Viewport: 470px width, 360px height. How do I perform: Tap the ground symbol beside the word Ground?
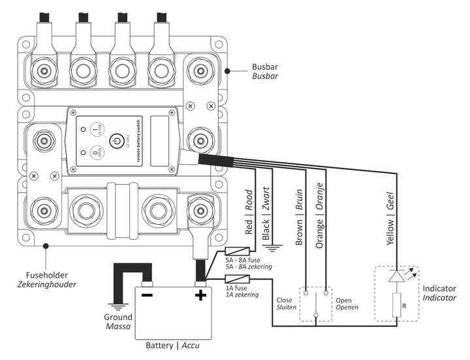(x=117, y=305)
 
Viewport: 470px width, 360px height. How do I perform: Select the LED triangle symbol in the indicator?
(x=396, y=276)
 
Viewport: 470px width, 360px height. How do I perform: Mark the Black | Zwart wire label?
(x=266, y=218)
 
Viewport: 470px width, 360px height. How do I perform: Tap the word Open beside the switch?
(x=343, y=301)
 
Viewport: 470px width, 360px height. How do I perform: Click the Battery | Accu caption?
(x=173, y=345)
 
